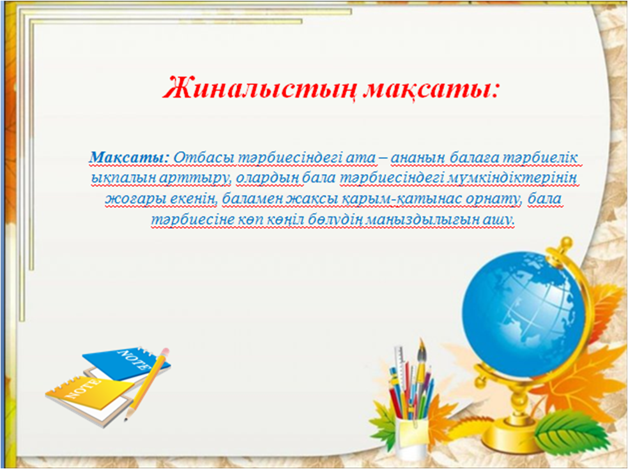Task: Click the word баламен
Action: (x=254, y=199)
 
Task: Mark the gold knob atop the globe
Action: (x=565, y=243)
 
